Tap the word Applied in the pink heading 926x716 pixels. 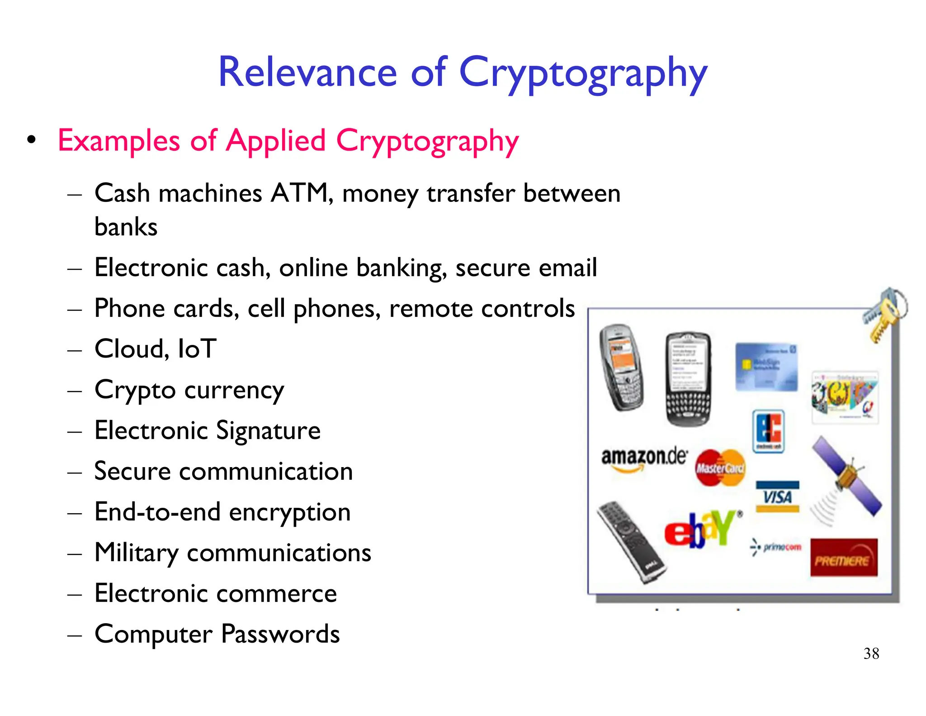click(276, 141)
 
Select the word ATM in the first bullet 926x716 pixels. click(300, 193)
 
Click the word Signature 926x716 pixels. click(268, 430)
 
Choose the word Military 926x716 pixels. click(137, 553)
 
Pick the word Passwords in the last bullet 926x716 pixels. click(280, 634)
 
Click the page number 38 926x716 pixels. click(871, 654)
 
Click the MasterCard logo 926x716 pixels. click(720, 468)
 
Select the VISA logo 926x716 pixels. click(777, 497)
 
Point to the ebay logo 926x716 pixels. click(702, 529)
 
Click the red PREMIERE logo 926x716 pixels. click(843, 558)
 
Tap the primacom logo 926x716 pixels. click(776, 547)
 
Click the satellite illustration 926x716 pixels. click(846, 477)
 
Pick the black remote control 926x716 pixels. click(630, 542)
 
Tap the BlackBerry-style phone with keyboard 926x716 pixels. click(688, 379)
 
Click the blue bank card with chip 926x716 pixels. click(766, 367)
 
